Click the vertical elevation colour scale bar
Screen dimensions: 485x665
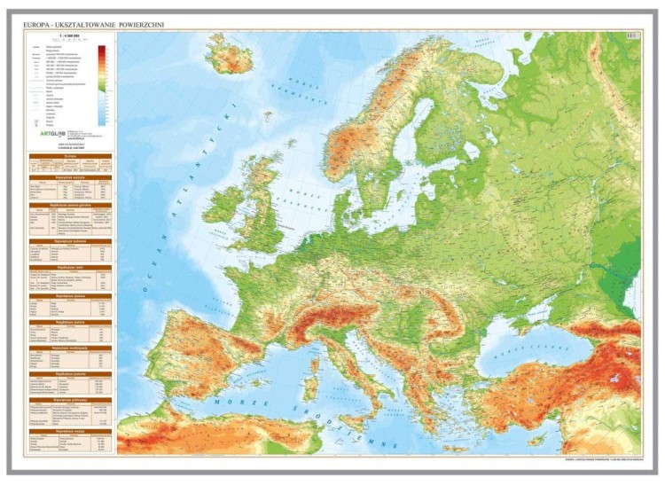[x=102, y=84]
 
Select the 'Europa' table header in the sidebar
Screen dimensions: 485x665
[x=70, y=155]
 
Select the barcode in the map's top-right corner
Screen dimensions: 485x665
[x=631, y=35]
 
